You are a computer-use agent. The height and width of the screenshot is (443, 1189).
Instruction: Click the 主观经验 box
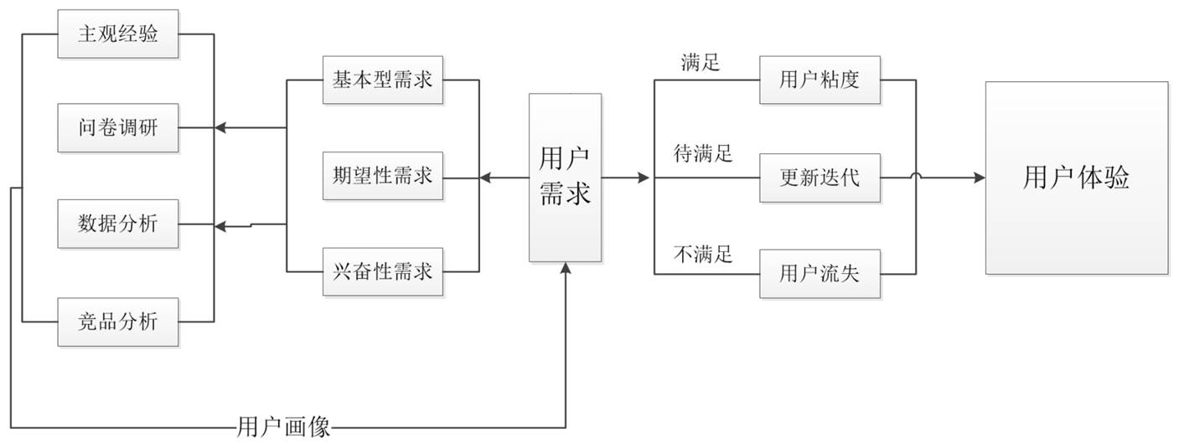pos(118,33)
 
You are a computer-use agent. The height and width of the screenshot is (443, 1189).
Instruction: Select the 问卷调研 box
pos(118,128)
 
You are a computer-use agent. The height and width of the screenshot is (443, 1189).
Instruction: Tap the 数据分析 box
pos(118,224)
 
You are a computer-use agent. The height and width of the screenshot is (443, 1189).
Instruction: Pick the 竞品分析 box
pos(118,322)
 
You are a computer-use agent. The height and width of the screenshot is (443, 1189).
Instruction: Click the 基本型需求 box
pos(383,80)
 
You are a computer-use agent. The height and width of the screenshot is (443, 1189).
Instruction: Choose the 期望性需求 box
pos(383,176)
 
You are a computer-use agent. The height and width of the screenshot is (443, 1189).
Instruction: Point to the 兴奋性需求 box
pos(383,271)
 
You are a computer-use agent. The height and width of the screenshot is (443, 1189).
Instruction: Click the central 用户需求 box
pos(566,178)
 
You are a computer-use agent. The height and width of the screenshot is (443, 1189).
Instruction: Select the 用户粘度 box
pos(819,80)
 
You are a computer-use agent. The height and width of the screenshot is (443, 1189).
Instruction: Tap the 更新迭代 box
pos(819,178)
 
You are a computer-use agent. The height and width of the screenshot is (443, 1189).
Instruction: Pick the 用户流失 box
pos(819,274)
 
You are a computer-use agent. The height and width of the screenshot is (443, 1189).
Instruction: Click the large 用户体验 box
pos(1077,178)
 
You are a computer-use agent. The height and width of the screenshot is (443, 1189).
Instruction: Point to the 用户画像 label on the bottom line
pos(283,427)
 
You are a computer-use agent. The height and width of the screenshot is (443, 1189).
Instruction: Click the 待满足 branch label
pos(703,153)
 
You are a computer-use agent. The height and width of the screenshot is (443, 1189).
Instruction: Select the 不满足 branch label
pos(703,254)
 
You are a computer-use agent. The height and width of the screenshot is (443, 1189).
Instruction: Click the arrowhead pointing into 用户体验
pos(980,178)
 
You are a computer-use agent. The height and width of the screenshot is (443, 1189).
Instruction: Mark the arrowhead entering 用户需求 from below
pos(566,268)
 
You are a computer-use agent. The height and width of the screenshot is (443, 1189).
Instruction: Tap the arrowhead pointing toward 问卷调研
pos(220,128)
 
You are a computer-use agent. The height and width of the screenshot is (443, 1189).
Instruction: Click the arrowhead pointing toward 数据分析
pos(220,227)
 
